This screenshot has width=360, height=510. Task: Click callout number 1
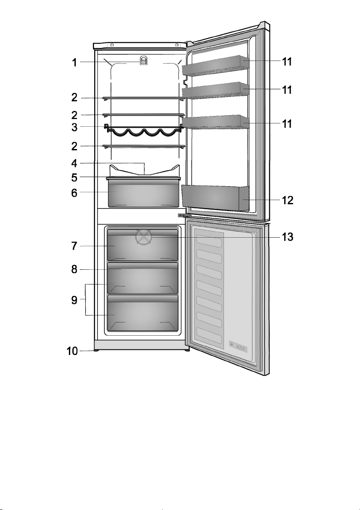point(74,62)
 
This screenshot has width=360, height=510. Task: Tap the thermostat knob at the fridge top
point(144,60)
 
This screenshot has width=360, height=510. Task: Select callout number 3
point(74,127)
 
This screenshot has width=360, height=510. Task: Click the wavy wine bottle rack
point(143,131)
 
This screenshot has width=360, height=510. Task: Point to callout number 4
point(74,163)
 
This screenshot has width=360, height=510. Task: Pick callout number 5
point(74,178)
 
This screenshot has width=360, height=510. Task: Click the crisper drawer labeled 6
point(143,193)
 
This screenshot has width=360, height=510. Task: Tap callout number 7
point(74,246)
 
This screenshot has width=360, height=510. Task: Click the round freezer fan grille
point(144,237)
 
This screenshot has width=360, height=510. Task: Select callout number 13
point(287,237)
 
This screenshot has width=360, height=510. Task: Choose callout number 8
point(74,270)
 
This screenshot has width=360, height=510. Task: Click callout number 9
point(74,300)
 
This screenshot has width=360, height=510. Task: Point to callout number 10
point(72,351)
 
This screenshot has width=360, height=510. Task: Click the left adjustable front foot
point(96,351)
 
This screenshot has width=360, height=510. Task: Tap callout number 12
point(288,200)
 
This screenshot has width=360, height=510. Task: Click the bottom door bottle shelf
point(215,198)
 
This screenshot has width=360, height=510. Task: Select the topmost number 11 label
point(287,62)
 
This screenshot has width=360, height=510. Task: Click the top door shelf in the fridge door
point(215,66)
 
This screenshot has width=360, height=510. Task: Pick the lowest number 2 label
point(74,147)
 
